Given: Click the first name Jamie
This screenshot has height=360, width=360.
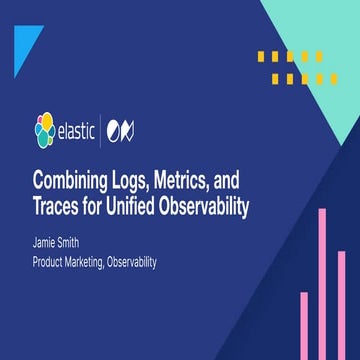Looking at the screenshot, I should [49, 243].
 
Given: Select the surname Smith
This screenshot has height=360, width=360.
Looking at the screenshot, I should [82, 243].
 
